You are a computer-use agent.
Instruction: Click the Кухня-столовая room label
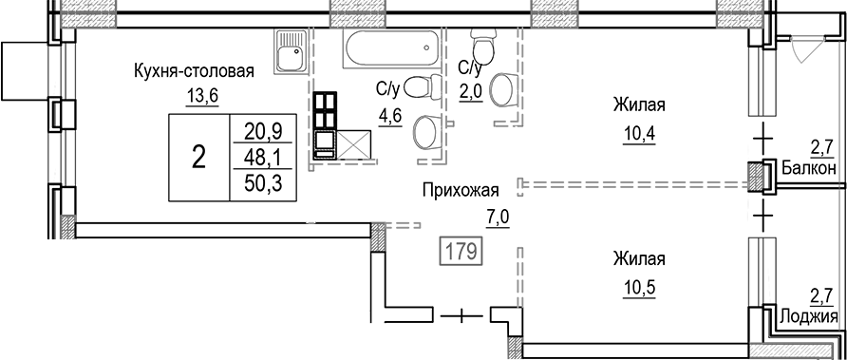click(194, 71)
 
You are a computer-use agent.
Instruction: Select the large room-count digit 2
click(198, 158)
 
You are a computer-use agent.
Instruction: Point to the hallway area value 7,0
click(497, 217)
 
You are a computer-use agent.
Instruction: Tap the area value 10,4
click(638, 130)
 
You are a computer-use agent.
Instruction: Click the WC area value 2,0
click(472, 90)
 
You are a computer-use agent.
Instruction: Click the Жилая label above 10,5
click(638, 258)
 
